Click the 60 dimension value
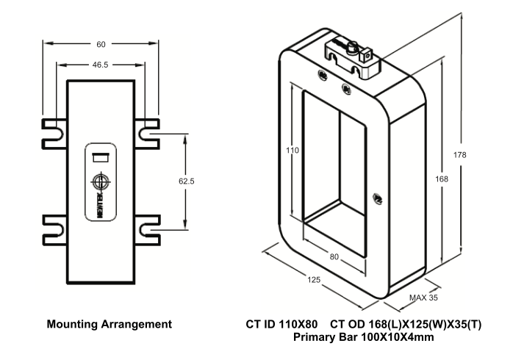(x=101, y=44)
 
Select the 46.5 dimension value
(x=101, y=65)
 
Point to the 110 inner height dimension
(x=293, y=150)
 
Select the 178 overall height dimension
(x=461, y=154)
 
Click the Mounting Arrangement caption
(x=110, y=324)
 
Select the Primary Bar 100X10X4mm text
(x=363, y=337)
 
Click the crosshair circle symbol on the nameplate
(x=101, y=181)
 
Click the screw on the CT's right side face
(x=379, y=196)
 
